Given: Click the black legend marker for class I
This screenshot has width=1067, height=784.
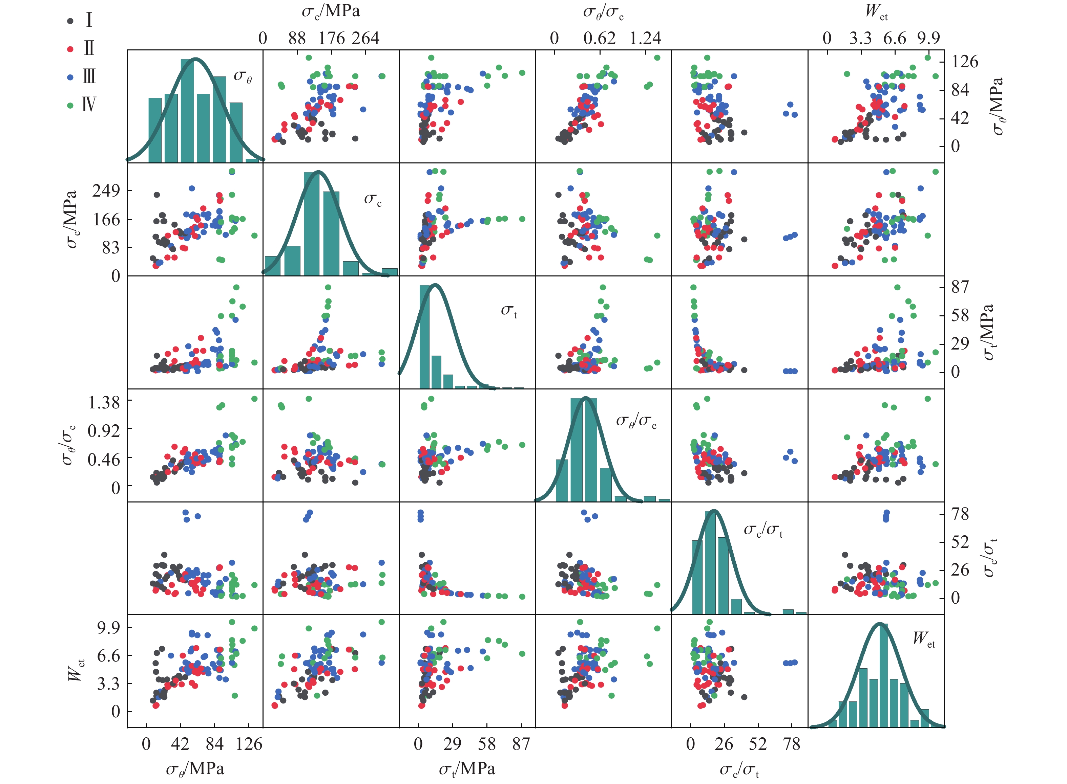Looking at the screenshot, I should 70,21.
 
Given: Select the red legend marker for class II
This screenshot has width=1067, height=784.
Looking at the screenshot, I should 70,49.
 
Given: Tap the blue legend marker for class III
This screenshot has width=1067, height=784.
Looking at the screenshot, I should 70,77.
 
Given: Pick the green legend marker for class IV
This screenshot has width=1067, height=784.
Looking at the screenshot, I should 70,105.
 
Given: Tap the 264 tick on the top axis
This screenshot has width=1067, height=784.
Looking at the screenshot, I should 365,38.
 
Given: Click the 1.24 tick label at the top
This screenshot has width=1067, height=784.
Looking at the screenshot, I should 645,38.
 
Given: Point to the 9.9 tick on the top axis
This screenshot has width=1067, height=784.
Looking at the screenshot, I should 928,38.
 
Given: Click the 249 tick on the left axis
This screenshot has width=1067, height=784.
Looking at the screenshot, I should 106,191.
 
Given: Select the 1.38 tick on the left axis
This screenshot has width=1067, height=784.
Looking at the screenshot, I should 104,402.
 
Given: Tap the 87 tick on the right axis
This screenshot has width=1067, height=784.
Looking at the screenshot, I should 960,287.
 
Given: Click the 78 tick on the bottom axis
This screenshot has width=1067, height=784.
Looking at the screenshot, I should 792,744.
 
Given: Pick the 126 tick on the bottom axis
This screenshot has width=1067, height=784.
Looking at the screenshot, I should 249,744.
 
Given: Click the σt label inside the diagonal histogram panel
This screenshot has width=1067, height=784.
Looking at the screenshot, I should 509,311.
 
